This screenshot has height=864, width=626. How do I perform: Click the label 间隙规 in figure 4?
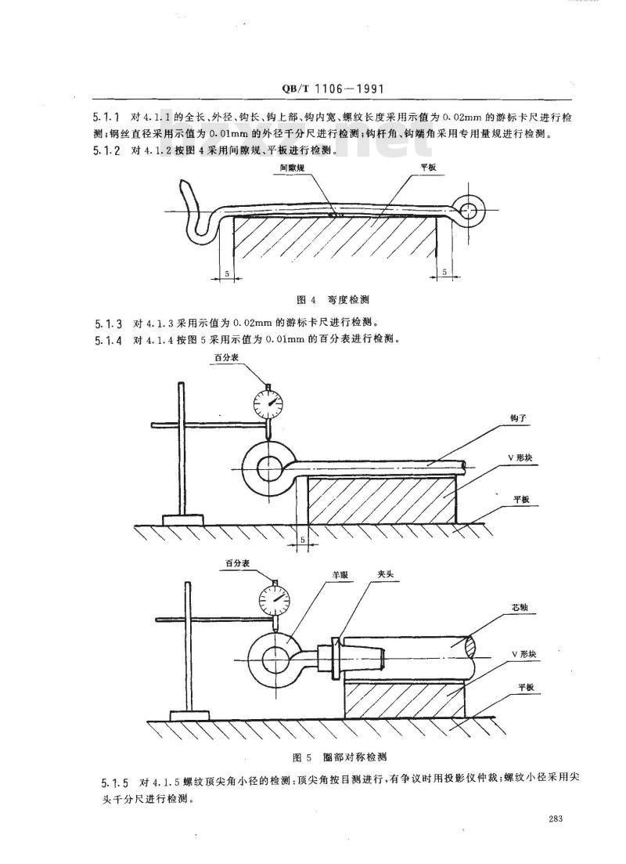click(290, 168)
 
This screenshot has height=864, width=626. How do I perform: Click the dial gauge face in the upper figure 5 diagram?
click(268, 403)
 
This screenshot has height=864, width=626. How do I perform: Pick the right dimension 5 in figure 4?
click(444, 273)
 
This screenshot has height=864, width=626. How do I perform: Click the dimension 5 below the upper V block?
click(303, 540)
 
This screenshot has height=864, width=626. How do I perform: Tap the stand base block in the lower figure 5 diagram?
click(189, 714)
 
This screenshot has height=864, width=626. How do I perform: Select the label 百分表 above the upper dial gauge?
click(228, 358)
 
